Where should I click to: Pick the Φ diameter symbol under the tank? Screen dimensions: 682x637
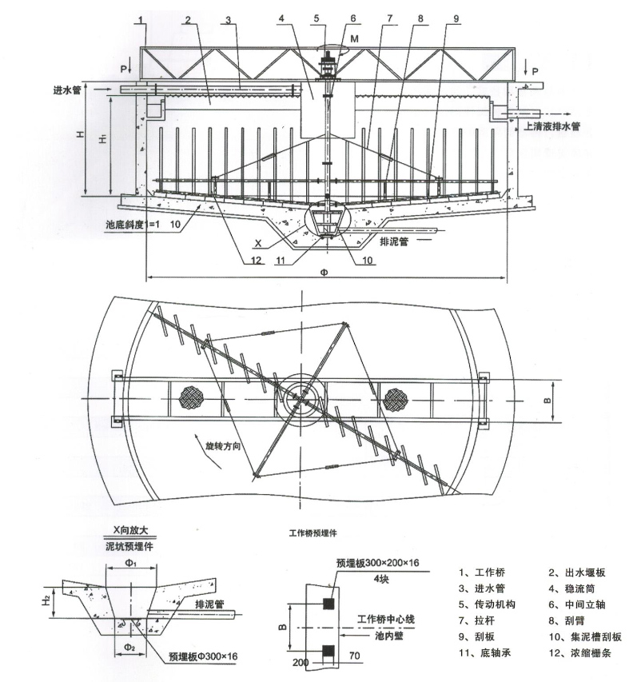coord(323,271)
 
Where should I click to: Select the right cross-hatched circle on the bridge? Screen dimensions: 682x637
coord(396,397)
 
